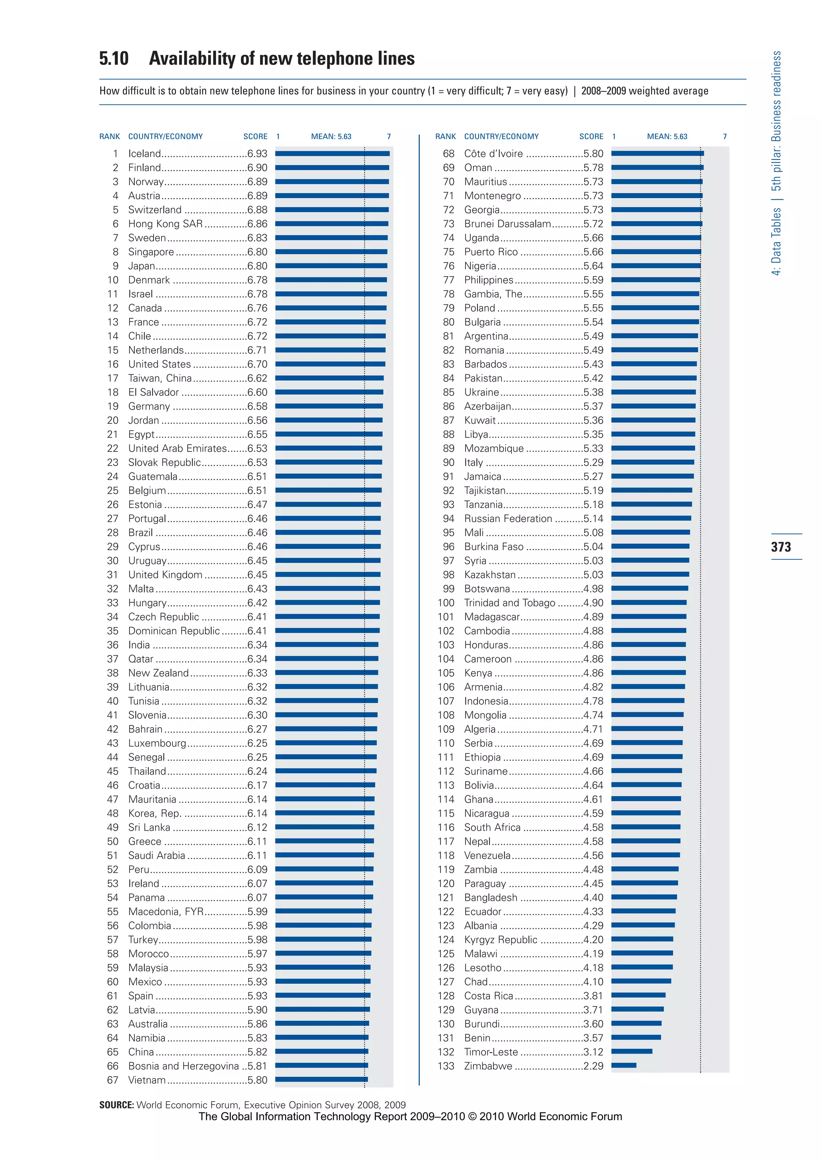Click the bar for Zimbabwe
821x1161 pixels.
click(623, 1066)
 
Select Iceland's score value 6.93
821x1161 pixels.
click(257, 154)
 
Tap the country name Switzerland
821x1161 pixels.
click(155, 210)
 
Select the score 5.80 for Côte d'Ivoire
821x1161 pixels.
click(593, 154)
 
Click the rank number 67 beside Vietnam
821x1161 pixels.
click(112, 1080)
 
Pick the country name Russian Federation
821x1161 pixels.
click(508, 518)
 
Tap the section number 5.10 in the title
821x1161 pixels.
click(114, 59)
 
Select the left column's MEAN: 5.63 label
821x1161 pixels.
click(331, 137)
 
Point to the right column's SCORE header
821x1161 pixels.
click(591, 137)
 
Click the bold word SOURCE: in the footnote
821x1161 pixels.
click(116, 1105)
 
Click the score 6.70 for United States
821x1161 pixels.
click(257, 364)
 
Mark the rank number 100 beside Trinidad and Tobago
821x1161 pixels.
click(446, 603)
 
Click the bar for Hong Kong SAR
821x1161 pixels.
click(332, 224)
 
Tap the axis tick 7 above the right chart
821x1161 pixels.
click(724, 137)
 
